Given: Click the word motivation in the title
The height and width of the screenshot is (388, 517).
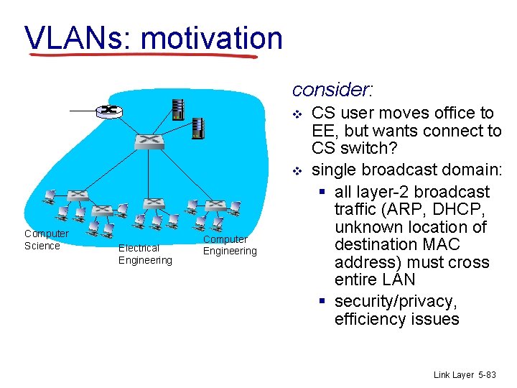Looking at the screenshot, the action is (x=212, y=37).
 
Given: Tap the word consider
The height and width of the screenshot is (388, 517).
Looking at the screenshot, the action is (x=332, y=90).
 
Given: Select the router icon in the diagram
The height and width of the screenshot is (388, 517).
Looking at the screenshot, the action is (x=109, y=110).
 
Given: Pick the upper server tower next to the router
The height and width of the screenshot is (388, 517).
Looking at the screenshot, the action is (x=175, y=108).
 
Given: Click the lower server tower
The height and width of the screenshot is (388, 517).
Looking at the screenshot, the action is (x=198, y=128).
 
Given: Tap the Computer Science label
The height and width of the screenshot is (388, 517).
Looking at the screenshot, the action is (x=47, y=240).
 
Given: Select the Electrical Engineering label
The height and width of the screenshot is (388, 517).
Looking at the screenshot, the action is (x=145, y=254).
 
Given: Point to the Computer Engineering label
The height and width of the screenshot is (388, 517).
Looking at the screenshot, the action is (x=229, y=245).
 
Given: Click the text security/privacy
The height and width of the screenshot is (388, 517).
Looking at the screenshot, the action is (x=396, y=302).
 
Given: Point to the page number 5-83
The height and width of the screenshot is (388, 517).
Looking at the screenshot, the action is (x=486, y=375).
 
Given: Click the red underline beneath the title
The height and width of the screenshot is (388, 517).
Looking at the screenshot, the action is (x=144, y=55).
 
